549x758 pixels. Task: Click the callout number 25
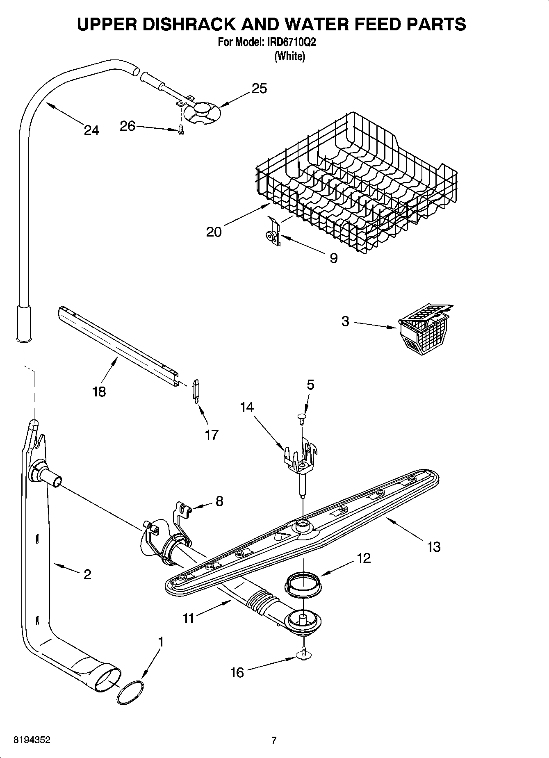pos(259,88)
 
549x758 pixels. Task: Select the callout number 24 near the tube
pos(91,130)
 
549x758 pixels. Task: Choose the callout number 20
pos(214,232)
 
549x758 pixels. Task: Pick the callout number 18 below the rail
pos(99,392)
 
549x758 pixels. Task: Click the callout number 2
pos(87,574)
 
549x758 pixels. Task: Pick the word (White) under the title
pos(289,56)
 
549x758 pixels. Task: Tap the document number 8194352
pos(32,740)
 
